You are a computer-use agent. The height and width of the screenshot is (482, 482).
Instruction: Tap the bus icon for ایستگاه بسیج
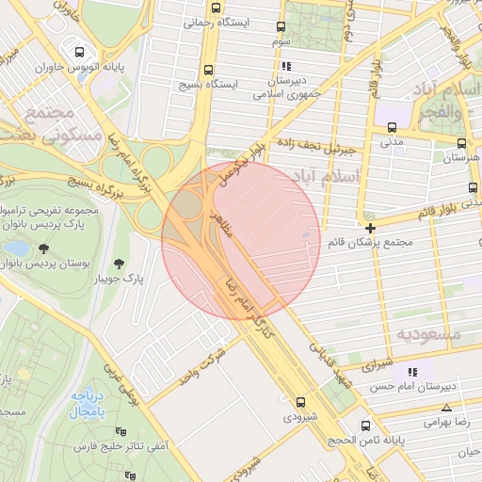click(208, 69)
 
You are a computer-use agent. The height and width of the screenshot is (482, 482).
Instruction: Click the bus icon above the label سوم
click(281, 27)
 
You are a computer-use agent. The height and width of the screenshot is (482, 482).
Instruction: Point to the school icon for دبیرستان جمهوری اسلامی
click(286, 66)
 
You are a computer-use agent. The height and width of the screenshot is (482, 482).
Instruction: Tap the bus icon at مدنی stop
click(392, 128)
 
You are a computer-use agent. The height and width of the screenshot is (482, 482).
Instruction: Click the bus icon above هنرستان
click(461, 143)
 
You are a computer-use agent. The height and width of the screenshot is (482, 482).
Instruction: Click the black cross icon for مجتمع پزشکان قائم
click(371, 228)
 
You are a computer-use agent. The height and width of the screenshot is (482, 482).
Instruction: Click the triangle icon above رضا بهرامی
click(446, 408)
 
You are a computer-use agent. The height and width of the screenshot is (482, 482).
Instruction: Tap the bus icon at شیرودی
click(300, 400)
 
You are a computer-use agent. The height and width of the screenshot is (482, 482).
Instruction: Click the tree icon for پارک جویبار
click(120, 264)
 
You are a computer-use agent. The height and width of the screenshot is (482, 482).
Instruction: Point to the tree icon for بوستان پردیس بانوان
click(44, 248)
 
